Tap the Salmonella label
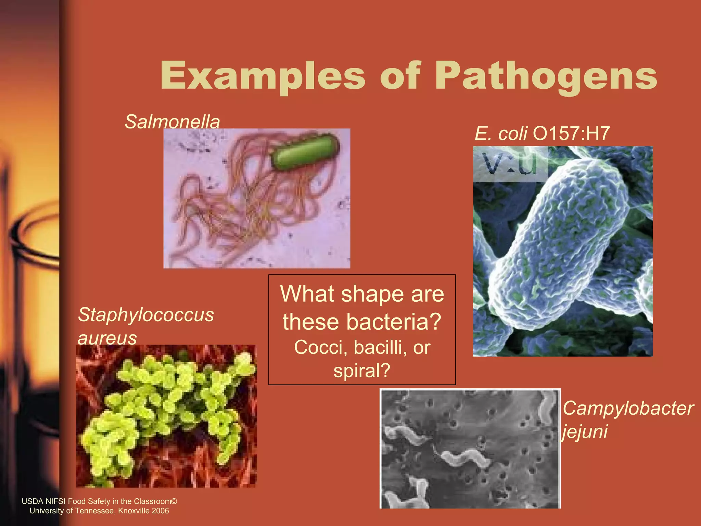172,122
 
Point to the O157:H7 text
571,133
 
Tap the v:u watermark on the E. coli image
510,164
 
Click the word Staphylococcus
146,314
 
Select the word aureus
107,338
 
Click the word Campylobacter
628,408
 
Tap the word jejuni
585,431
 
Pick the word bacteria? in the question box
394,322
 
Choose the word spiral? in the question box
362,371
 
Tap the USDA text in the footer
33,501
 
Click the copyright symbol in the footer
174,501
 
